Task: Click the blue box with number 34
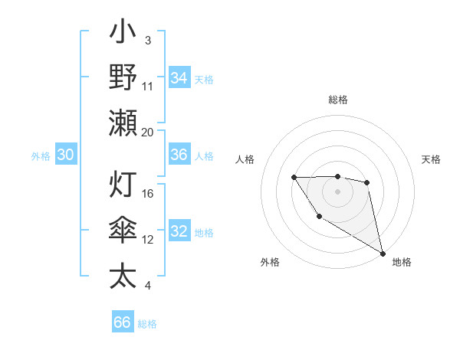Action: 179,78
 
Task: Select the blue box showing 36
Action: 179,155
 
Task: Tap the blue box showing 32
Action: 179,232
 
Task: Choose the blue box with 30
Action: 66,155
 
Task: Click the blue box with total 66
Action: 123,322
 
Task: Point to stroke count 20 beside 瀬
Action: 147,132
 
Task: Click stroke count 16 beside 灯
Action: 148,193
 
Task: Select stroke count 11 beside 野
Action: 148,86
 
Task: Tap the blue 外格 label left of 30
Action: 41,156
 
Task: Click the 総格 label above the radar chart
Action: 337,100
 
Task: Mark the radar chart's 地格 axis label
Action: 402,263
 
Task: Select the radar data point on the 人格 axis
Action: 294,178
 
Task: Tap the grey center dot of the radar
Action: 337,191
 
